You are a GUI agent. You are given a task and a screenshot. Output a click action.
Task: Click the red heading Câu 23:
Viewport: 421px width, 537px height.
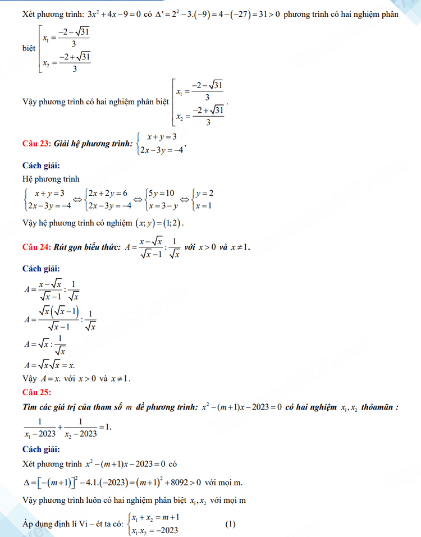click(36, 144)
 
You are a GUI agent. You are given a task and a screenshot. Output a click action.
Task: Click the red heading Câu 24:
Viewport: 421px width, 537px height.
click(36, 247)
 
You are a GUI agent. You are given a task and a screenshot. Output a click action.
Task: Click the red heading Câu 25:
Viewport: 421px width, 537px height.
click(36, 391)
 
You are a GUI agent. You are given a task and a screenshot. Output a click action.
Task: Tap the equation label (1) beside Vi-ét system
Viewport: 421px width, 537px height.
click(231, 525)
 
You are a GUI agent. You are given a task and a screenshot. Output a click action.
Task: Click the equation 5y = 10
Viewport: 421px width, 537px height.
click(159, 194)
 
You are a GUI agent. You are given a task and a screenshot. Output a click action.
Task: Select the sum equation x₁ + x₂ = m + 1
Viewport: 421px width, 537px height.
click(156, 518)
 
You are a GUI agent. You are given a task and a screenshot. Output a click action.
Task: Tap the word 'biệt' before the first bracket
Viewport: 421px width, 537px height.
click(29, 48)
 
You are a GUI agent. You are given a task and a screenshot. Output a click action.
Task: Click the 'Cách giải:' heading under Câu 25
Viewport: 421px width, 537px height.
click(41, 449)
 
